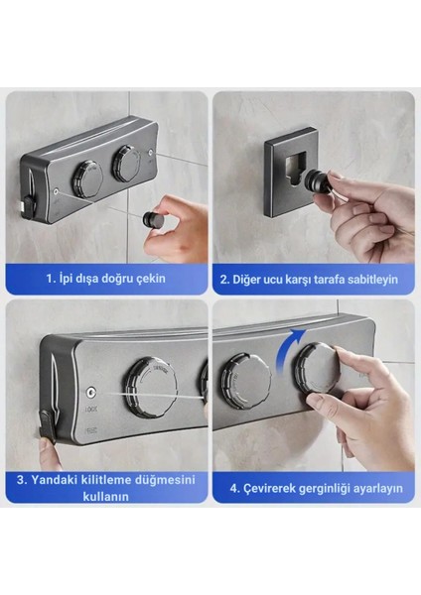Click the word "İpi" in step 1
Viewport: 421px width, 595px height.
(66, 279)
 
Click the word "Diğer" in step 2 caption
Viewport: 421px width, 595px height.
(245, 280)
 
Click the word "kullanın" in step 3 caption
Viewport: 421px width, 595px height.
(105, 497)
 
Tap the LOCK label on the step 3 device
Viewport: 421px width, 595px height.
(91, 410)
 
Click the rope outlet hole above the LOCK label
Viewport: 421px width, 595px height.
(91, 393)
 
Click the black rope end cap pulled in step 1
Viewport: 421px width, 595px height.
(152, 219)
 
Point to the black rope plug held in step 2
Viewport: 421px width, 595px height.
(323, 180)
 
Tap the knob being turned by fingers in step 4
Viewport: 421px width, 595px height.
(319, 369)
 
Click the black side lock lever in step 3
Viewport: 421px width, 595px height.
(48, 426)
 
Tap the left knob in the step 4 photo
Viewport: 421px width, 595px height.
(246, 378)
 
